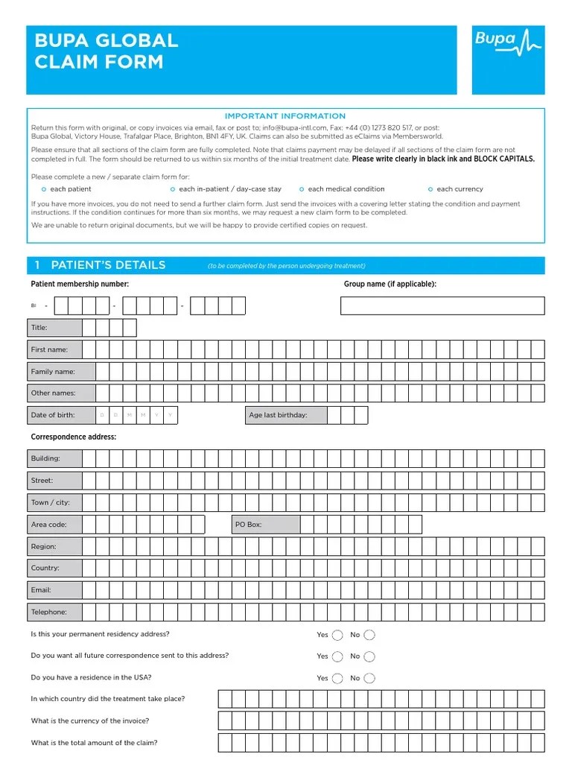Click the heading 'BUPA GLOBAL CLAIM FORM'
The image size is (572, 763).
point(107,51)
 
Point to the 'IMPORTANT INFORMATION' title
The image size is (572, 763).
point(285,116)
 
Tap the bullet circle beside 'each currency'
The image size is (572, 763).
point(430,189)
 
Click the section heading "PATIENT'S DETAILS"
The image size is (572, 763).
point(108,265)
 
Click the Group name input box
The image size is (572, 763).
point(442,306)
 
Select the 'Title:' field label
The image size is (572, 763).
point(39,328)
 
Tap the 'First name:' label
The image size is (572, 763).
point(49,349)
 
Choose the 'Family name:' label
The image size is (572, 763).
point(53,371)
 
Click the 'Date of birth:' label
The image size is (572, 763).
point(53,415)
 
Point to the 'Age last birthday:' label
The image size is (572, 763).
point(278,415)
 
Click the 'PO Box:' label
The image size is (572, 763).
point(249,525)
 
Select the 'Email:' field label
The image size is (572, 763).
point(41,590)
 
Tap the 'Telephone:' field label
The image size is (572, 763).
point(49,612)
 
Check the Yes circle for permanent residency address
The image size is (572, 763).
point(337,635)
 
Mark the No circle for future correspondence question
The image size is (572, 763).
point(369,656)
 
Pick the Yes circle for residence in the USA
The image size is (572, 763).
point(337,678)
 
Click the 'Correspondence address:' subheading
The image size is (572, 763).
point(73,437)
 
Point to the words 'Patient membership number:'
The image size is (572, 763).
point(80,284)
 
